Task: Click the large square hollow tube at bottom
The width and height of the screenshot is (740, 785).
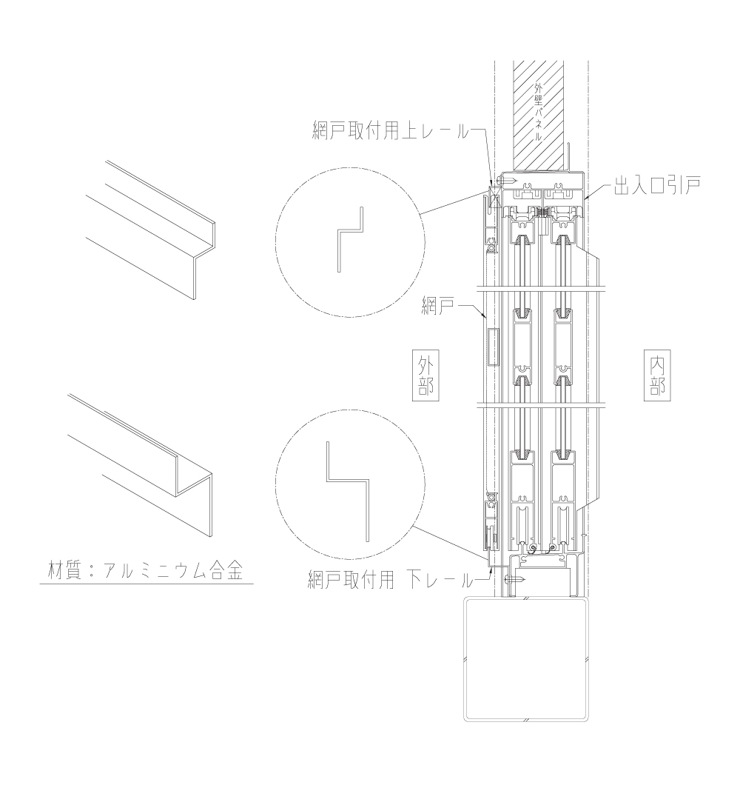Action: point(526,659)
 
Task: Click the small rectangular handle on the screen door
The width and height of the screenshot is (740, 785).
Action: point(493,347)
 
